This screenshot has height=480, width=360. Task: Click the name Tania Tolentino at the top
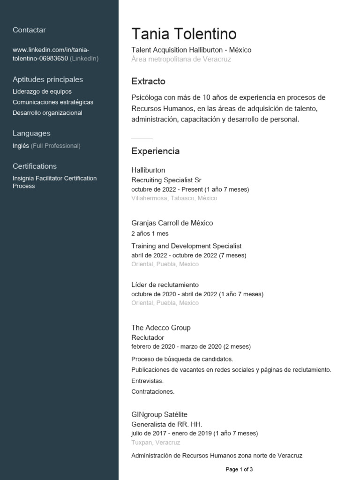click(184, 34)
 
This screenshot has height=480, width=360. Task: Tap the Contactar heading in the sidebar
click(29, 30)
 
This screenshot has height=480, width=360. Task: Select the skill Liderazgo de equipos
click(42, 91)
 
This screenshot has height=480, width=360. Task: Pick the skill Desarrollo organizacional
click(47, 112)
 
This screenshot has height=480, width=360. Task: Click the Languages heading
click(31, 133)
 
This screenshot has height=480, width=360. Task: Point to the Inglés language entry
click(21, 146)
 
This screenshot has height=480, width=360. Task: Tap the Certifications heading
click(35, 166)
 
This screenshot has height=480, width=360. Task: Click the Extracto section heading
click(148, 81)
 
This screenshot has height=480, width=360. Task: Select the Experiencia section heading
click(155, 151)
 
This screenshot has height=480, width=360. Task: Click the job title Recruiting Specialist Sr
click(166, 180)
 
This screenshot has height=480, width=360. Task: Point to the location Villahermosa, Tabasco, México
click(174, 198)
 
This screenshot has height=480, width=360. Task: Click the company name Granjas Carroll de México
click(172, 223)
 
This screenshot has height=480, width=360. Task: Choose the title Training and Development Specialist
click(186, 246)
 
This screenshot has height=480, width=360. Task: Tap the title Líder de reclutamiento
click(165, 285)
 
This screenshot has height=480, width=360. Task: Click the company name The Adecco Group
click(161, 328)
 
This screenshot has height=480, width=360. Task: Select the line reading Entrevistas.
click(148, 381)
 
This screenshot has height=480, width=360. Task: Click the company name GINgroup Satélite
click(159, 414)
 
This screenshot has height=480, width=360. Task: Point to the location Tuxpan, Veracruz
click(156, 442)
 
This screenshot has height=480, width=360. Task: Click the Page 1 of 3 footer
click(239, 469)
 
